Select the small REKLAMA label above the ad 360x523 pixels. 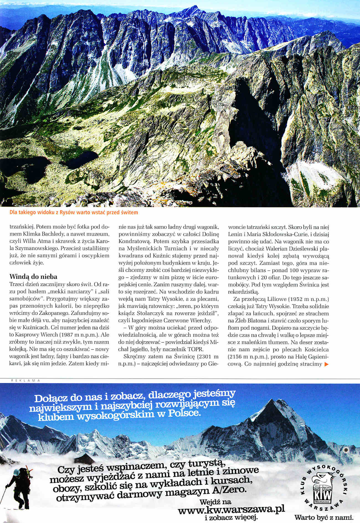tap(25, 380)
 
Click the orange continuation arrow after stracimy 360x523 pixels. tap(326, 364)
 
